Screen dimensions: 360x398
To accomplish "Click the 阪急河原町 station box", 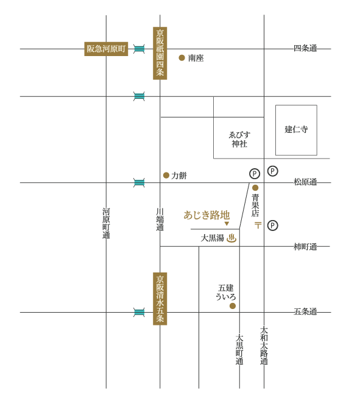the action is point(106,49).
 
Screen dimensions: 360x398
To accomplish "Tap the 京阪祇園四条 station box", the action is point(160,53).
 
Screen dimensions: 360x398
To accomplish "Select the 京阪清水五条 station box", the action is point(160,299).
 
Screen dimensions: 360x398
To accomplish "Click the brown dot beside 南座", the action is point(182,58).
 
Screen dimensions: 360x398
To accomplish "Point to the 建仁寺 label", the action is point(296,129).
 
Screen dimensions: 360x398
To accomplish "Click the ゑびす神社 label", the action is point(239,140).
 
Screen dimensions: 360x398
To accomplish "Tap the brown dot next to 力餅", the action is point(166,175).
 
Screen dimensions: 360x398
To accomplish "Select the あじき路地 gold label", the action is point(206,215).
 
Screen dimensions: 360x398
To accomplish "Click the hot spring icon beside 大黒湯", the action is point(231,238).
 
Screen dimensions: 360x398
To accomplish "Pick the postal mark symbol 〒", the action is point(258,225).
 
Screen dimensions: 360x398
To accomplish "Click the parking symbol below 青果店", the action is point(273,226).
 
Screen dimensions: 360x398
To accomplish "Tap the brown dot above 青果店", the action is point(255,188).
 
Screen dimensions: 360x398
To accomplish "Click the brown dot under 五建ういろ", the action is point(233,306).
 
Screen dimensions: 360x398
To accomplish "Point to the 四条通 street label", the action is point(305,48).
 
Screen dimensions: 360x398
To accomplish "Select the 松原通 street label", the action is point(305,182).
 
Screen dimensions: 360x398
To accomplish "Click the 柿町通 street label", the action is point(305,246).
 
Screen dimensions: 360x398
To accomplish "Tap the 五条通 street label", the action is point(305,311).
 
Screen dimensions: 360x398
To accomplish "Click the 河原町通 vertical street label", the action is point(106,223).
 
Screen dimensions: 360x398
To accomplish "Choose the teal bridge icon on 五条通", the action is point(139,312).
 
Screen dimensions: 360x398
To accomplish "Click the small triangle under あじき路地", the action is point(227,224).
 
